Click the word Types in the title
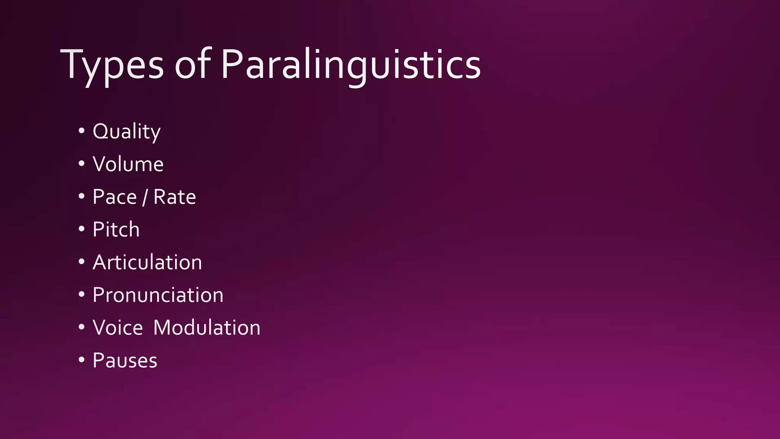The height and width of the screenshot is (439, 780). tap(112, 65)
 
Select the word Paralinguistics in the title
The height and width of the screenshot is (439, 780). tap(351, 65)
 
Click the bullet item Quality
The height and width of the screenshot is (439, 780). tap(126, 131)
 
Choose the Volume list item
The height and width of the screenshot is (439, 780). tap(128, 164)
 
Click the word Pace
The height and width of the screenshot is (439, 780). tap(115, 197)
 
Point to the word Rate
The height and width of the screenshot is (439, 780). tap(174, 197)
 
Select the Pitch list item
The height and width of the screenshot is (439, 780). tap(116, 229)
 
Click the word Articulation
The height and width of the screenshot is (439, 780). tap(147, 262)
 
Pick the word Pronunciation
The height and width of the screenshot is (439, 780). tap(158, 295)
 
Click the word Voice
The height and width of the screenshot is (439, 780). tap(118, 328)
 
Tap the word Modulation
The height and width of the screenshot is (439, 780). tap(207, 328)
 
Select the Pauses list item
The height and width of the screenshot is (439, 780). tap(125, 360)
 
